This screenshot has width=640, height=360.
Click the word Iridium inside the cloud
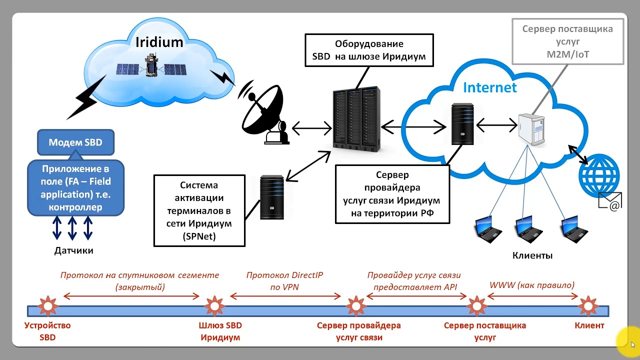[x=159, y=41]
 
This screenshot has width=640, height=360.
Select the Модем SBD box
[x=75, y=142]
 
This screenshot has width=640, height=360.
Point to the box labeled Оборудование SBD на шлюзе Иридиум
[x=369, y=50]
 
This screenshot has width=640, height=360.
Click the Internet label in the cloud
[x=489, y=87]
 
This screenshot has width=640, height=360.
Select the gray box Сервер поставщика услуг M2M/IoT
[x=567, y=41]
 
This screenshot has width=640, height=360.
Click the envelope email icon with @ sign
[x=610, y=201]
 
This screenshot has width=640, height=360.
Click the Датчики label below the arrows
[x=74, y=250]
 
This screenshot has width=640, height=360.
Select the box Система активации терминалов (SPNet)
[x=199, y=210]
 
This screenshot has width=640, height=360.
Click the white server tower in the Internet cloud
[x=531, y=129]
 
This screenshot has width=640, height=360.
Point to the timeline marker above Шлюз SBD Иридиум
[x=214, y=305]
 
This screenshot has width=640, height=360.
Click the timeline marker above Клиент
[x=588, y=305]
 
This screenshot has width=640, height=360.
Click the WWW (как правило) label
[x=532, y=285]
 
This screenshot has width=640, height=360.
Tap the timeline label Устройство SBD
[x=47, y=331]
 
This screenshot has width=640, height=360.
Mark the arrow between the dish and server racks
[x=311, y=128]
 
